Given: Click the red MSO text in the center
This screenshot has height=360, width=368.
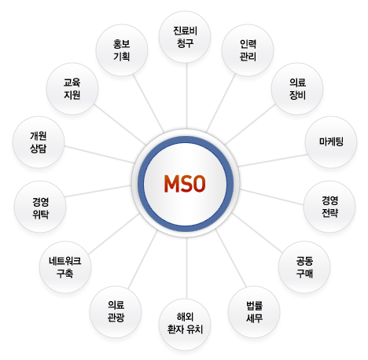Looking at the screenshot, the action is click(185, 184).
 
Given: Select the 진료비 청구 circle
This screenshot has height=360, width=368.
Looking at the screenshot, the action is click(185, 37).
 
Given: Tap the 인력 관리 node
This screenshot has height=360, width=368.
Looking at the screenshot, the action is click(248, 50).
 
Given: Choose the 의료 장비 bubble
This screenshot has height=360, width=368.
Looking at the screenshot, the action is click(297, 89).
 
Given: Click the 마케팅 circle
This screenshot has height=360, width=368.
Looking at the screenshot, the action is click(331, 142).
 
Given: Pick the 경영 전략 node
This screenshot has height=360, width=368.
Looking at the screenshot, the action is click(329, 207).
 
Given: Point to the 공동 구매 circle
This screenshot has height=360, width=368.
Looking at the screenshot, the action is click(304, 267).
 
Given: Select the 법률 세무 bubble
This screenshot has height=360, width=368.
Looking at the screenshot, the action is click(254, 312).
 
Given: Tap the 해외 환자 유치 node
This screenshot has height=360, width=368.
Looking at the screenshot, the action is click(185, 324).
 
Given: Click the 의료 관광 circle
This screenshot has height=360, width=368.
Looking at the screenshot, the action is click(116, 312).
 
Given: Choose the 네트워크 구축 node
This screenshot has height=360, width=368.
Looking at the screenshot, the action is click(65, 267).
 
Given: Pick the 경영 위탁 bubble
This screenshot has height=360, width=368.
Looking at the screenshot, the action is click(40, 207).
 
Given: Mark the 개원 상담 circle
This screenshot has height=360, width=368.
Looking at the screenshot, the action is click(39, 142).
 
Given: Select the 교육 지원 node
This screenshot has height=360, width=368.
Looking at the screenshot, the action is click(72, 89).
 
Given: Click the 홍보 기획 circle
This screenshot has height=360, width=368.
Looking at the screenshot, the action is click(122, 50).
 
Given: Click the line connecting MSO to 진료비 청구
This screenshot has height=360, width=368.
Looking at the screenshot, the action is click(186, 95).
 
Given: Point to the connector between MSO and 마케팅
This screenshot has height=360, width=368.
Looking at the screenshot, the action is click(272, 160).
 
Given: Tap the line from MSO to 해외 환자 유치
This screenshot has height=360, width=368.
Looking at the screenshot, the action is click(186, 268).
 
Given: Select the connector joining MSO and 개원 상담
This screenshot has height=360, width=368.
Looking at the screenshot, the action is click(99, 155).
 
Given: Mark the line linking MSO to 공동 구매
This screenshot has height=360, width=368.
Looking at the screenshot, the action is click(257, 233).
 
